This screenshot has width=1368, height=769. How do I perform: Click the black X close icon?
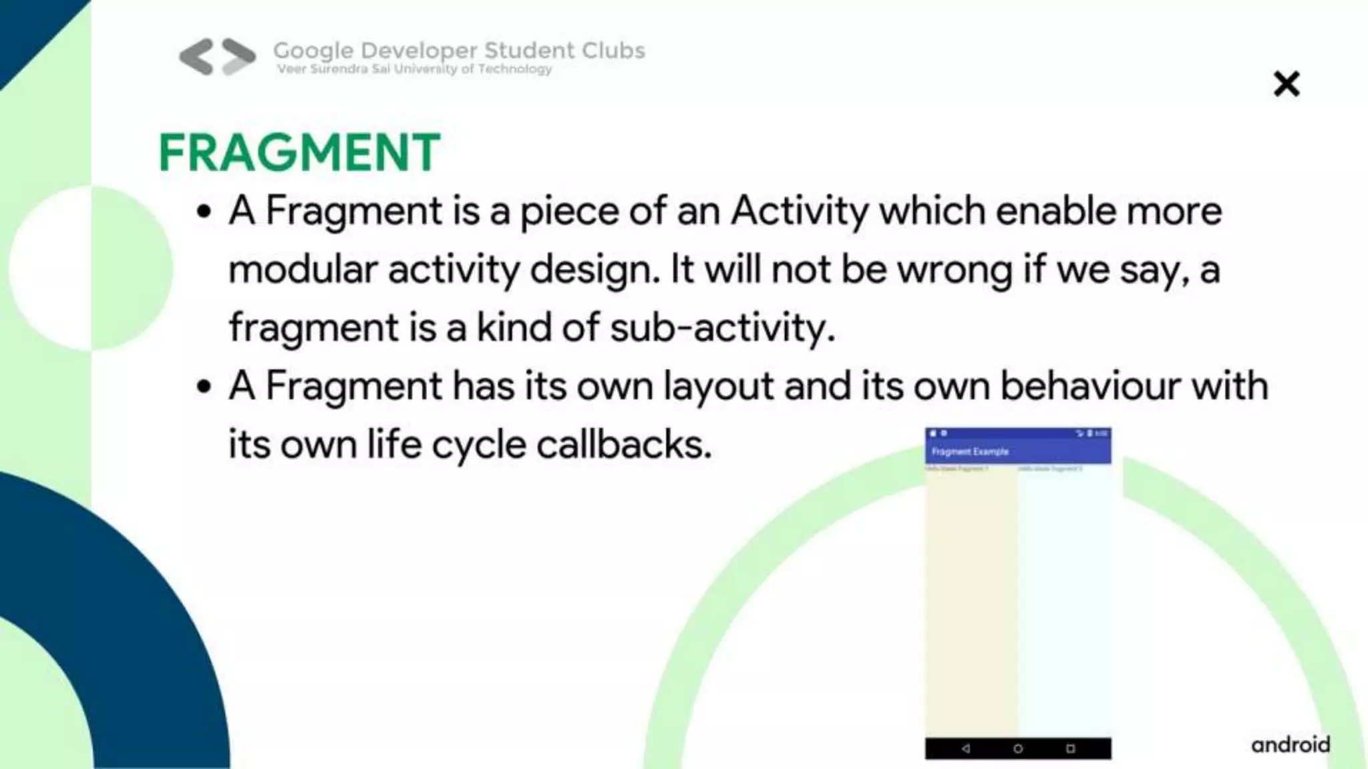coord(1286,84)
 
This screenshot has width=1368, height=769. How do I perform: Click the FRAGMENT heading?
coord(299,152)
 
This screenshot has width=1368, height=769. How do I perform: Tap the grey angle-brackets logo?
coord(217,56)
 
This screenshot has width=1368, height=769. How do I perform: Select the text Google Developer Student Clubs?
coord(459,50)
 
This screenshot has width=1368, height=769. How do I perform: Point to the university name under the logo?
coord(414,69)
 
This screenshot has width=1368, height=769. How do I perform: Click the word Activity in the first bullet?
coord(799,211)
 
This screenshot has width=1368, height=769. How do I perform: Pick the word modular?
coord(303,270)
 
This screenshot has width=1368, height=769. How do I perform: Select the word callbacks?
coord(624,445)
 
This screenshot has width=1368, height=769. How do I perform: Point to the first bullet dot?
coord(204,213)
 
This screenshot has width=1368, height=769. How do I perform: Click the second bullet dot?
coord(204,387)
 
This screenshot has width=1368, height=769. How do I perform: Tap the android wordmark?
coord(1291,744)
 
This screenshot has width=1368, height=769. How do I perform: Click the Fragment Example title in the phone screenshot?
coord(970,452)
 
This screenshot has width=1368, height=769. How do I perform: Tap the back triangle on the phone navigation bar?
coord(966,748)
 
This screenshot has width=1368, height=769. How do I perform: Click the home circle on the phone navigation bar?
coord(1018,748)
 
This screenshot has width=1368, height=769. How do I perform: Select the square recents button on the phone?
coord(1070,748)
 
